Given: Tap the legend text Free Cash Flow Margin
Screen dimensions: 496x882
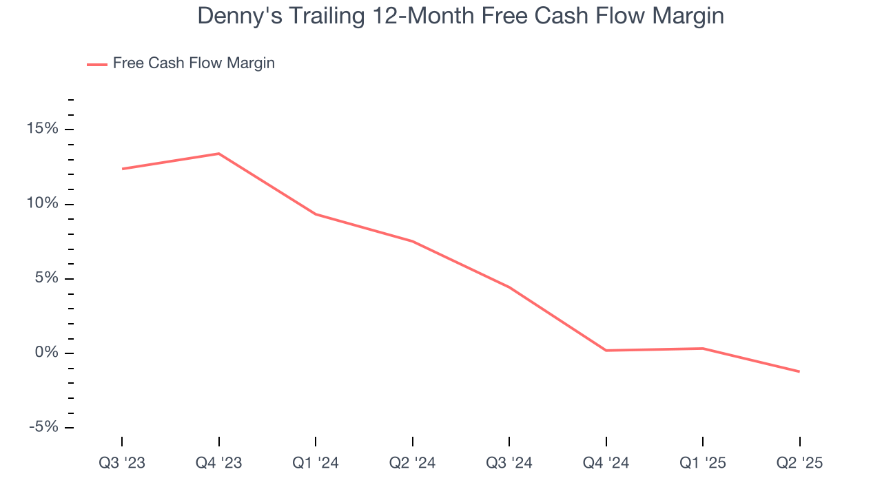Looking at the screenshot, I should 194,63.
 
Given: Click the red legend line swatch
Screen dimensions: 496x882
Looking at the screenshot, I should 96,64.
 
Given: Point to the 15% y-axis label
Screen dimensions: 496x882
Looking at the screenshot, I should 43,130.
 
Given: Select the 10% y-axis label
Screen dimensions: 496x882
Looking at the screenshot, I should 43,204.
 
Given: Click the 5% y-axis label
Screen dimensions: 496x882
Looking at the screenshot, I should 46,278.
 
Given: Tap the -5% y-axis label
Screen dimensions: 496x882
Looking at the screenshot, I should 43,428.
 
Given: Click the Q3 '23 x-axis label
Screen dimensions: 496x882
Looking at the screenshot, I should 122,464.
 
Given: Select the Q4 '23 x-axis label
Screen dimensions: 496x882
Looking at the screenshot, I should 218,464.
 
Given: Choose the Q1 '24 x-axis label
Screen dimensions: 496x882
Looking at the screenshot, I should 316,464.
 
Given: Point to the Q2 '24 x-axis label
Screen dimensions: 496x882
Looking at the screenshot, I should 412,464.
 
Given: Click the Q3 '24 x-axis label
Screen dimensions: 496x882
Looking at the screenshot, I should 509,464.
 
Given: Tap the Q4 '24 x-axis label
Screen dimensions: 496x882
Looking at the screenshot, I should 606,464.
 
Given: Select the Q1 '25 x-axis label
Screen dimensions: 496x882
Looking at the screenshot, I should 702,464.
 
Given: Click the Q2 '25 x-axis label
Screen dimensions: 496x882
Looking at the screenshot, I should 799,464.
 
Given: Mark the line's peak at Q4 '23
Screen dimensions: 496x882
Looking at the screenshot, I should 218,154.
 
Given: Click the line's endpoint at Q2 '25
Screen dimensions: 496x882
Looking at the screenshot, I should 799,371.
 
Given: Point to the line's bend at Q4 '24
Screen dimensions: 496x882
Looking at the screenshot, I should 606,351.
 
